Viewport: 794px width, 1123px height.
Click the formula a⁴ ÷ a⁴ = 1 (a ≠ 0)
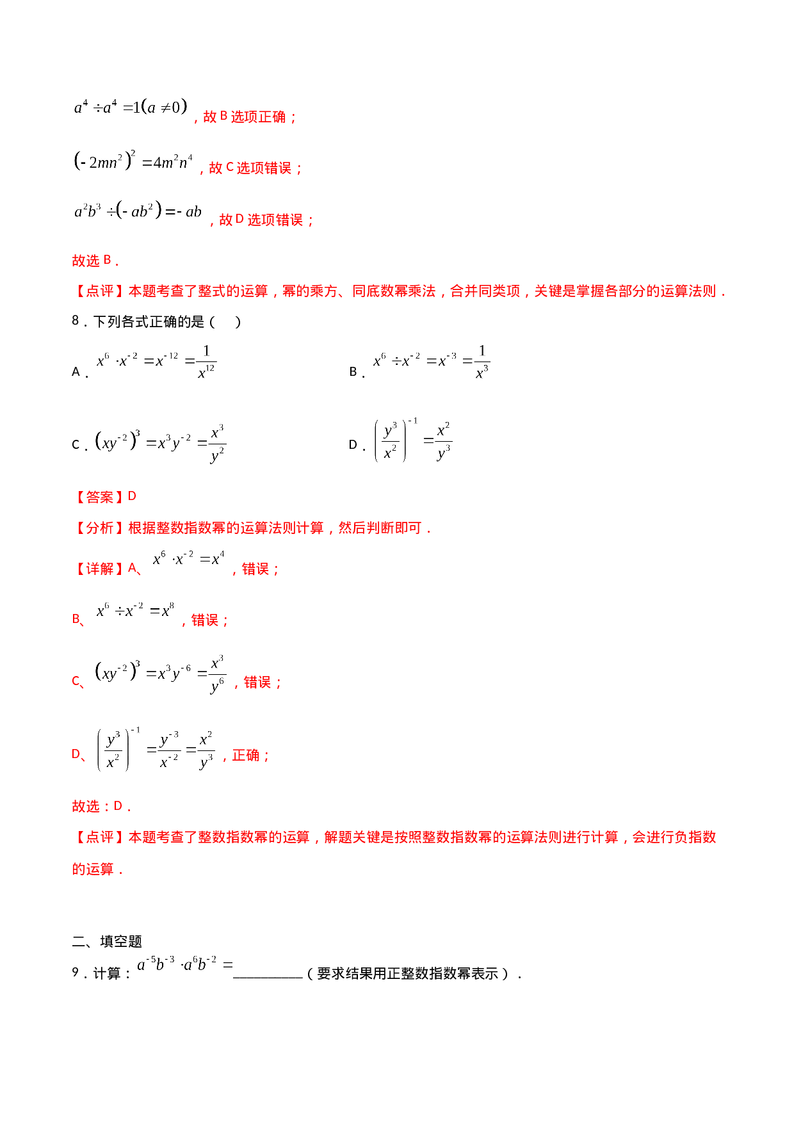(131, 108)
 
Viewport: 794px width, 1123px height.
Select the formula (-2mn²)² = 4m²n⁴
(134, 162)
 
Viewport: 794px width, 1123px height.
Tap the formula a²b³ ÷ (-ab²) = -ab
(138, 212)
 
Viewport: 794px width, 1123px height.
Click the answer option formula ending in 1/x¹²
(156, 362)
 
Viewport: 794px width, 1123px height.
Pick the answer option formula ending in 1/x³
(432, 362)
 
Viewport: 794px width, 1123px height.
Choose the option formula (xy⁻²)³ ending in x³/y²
(161, 443)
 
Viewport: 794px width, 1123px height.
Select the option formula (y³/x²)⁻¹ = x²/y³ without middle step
(414, 440)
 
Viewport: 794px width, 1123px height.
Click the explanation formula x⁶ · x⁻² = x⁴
(189, 558)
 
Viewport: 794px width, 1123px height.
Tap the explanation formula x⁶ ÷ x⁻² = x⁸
(135, 610)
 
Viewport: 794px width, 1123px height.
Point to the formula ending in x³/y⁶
(161, 674)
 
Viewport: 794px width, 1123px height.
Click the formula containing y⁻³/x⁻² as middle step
(156, 749)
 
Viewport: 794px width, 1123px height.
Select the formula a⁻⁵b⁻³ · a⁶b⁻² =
(184, 963)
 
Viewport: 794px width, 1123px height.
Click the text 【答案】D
(105, 497)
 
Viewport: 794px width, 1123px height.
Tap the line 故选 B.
(95, 261)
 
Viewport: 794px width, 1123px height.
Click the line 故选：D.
(101, 806)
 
